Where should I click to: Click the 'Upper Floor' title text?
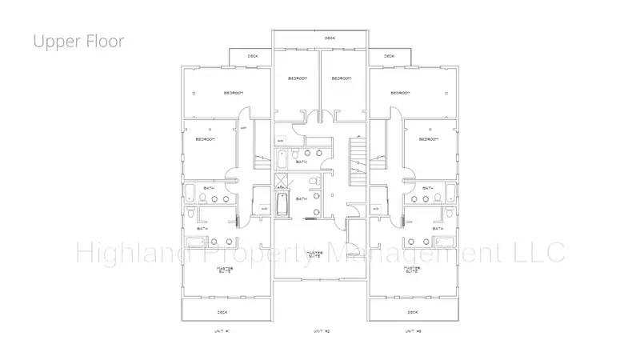click(78, 41)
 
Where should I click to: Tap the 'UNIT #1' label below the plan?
click(222, 330)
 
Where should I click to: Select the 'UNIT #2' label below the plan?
click(320, 330)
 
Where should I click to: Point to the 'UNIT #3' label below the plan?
click(412, 330)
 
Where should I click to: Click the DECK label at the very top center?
click(330, 38)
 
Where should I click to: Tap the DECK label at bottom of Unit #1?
click(222, 312)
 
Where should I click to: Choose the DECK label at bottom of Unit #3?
click(413, 312)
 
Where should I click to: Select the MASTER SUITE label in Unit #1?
click(226, 270)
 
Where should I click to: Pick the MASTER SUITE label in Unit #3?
click(412, 270)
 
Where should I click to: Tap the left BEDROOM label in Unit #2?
click(298, 78)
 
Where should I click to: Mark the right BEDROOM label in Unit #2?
click(342, 78)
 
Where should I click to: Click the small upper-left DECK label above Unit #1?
click(253, 56)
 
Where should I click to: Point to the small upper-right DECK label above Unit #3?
click(389, 56)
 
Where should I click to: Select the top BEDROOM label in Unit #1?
click(233, 93)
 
